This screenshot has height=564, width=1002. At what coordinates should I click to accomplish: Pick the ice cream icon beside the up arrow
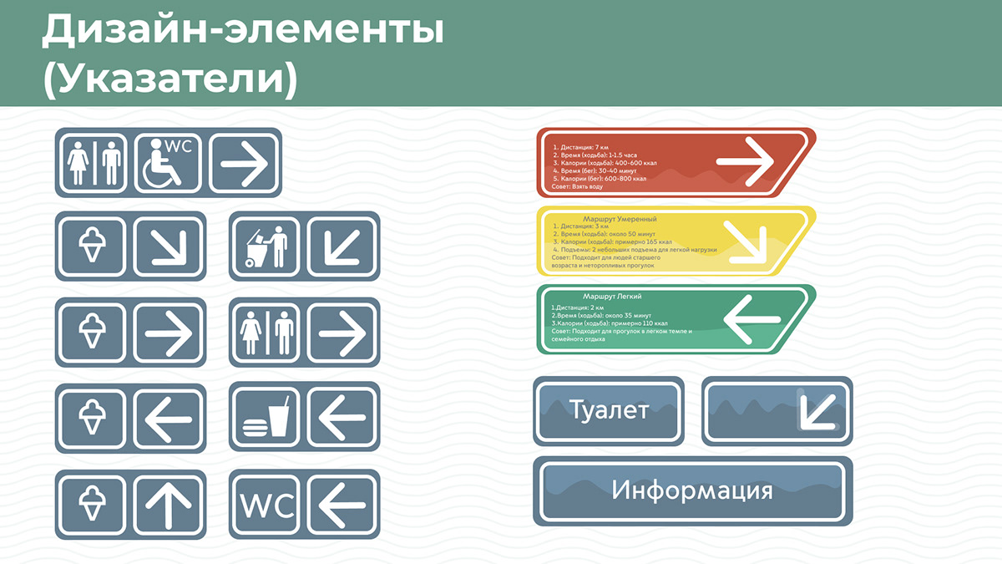[x=91, y=504]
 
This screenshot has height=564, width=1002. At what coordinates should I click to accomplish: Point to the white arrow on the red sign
[x=745, y=161]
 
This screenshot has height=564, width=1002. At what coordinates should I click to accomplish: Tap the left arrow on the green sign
[x=751, y=319]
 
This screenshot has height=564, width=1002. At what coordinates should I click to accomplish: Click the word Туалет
[x=608, y=410]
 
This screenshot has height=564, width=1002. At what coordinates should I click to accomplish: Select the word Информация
[x=692, y=490]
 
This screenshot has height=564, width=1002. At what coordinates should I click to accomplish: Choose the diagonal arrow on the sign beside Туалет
[x=814, y=410]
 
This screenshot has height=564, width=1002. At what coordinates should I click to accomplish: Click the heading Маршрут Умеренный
[x=620, y=219]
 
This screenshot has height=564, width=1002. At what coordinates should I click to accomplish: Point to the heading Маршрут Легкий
[x=612, y=297]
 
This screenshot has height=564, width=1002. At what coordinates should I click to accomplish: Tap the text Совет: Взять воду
[x=577, y=186]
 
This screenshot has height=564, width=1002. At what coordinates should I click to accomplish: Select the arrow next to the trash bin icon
[x=342, y=246]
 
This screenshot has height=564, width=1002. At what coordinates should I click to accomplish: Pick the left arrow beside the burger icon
[x=342, y=417]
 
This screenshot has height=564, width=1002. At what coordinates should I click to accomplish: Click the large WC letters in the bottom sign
[x=266, y=504]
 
